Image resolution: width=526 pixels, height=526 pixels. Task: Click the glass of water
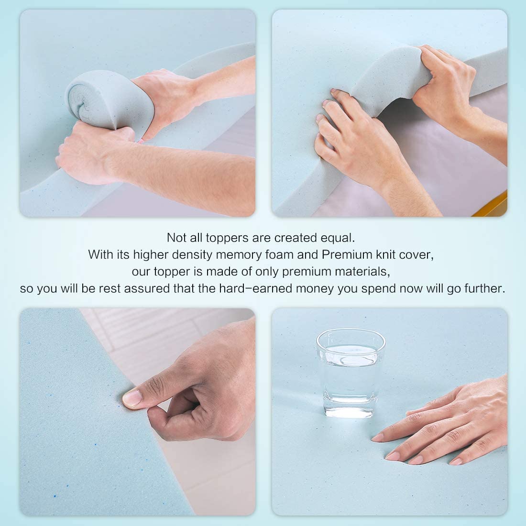tap(351, 373)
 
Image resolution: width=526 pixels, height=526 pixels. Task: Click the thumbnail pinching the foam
tap(132, 398)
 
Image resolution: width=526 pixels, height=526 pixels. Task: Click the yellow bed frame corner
tap(493, 205)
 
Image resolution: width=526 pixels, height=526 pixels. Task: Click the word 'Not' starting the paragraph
tap(176, 238)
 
